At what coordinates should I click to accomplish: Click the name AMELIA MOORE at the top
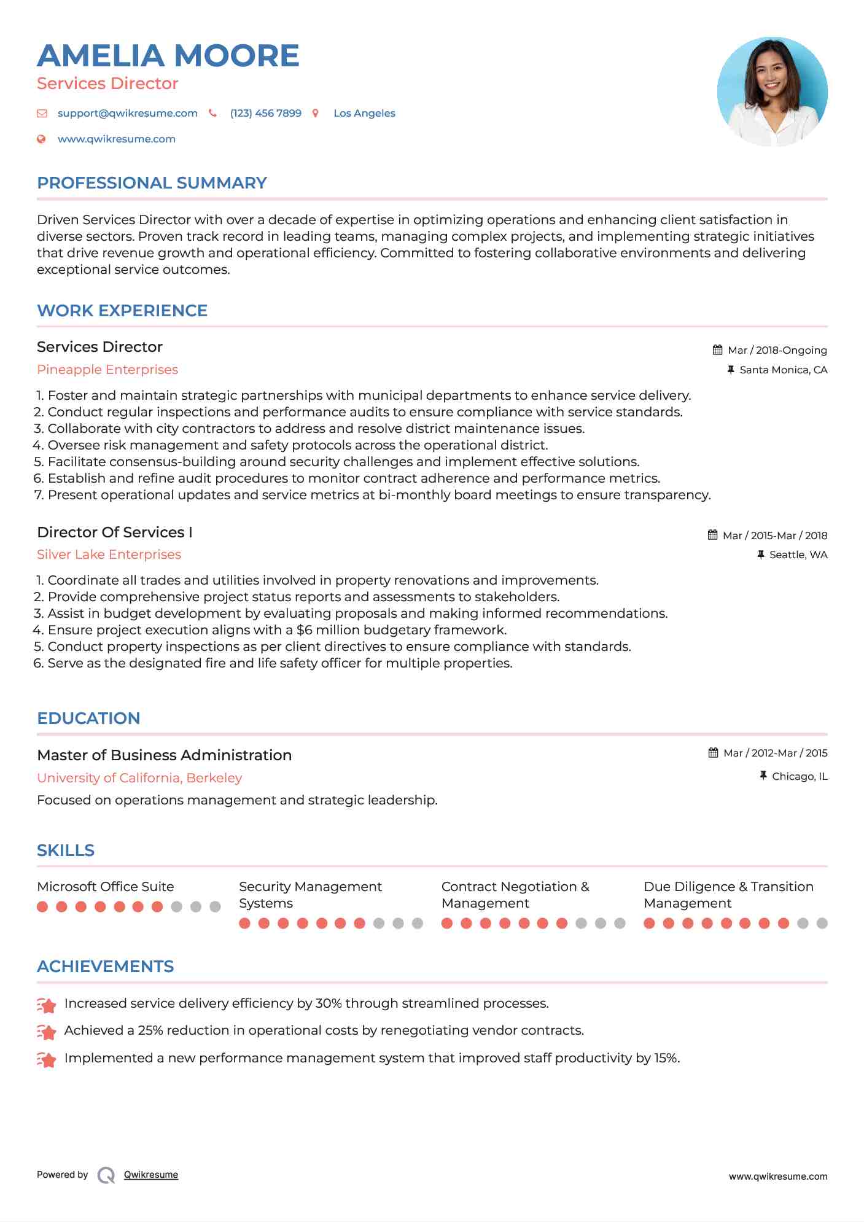168,56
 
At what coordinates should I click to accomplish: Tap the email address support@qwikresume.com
127,113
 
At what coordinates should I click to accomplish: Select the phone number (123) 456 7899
265,113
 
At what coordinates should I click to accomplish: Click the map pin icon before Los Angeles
316,113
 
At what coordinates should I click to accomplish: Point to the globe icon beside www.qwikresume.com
41,139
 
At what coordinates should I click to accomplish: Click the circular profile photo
772,91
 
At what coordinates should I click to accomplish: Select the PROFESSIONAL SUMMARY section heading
152,183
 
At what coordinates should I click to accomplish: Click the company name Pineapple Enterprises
107,370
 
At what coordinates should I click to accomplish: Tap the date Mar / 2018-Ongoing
777,350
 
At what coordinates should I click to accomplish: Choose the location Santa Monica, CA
783,370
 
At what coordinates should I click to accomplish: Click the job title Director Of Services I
115,532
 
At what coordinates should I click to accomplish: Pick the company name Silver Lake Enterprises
109,555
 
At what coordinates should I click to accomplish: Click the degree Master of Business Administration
164,755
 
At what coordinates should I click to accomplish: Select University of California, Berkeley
139,778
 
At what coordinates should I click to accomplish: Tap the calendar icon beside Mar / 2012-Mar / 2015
713,753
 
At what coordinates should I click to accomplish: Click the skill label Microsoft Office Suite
105,887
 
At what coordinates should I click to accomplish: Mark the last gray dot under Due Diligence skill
822,923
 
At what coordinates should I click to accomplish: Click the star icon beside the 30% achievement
47,1005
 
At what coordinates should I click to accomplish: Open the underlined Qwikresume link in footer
150,1175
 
